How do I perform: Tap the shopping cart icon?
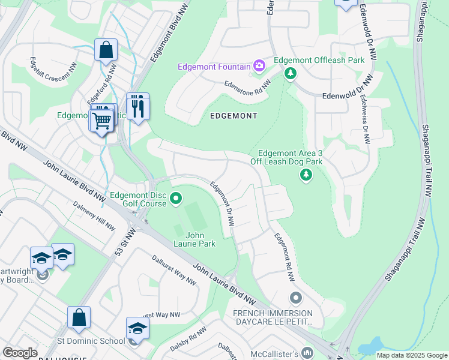(101, 121)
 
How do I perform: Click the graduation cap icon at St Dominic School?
(137, 329)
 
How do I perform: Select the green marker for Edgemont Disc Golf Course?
(176, 197)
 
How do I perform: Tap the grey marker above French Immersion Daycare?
(295, 298)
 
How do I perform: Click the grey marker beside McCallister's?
(307, 352)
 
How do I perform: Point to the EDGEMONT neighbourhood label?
(234, 115)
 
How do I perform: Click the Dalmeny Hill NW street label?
(94, 216)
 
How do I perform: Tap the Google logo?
(20, 353)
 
